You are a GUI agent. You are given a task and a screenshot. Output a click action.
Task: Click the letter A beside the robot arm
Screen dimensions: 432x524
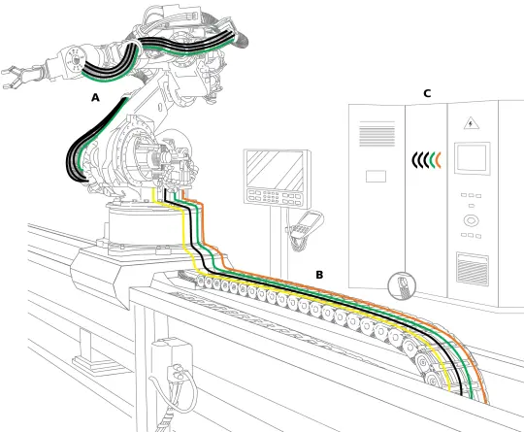coord(95,98)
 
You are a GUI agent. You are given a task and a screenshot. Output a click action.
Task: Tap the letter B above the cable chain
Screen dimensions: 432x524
coord(319,275)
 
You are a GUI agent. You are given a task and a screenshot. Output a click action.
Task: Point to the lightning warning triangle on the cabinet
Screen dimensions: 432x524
coord(470,123)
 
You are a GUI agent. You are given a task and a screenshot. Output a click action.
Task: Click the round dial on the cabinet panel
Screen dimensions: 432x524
coord(470,220)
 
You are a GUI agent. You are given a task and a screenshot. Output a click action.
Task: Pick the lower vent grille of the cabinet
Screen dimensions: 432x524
coord(473,268)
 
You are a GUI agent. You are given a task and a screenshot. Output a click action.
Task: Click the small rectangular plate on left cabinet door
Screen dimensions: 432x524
coord(374,177)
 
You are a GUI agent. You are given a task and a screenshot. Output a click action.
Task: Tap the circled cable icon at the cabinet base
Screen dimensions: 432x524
coord(401,284)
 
